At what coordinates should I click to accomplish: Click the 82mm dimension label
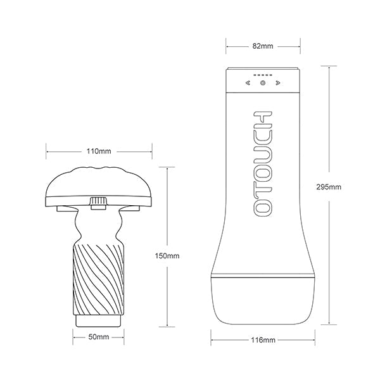pyautogui.click(x=263, y=46)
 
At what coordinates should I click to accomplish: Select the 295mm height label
pyautogui.click(x=329, y=187)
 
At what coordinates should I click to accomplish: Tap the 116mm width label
pyautogui.click(x=263, y=340)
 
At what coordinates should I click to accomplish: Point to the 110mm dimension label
pyautogui.click(x=99, y=151)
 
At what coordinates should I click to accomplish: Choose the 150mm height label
pyautogui.click(x=167, y=256)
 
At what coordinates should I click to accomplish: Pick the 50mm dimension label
pyautogui.click(x=99, y=337)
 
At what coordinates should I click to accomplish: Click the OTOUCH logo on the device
pyautogui.click(x=263, y=164)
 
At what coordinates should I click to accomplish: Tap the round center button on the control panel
pyautogui.click(x=263, y=83)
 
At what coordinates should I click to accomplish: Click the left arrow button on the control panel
pyautogui.click(x=248, y=83)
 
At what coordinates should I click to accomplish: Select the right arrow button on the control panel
pyautogui.click(x=278, y=83)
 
